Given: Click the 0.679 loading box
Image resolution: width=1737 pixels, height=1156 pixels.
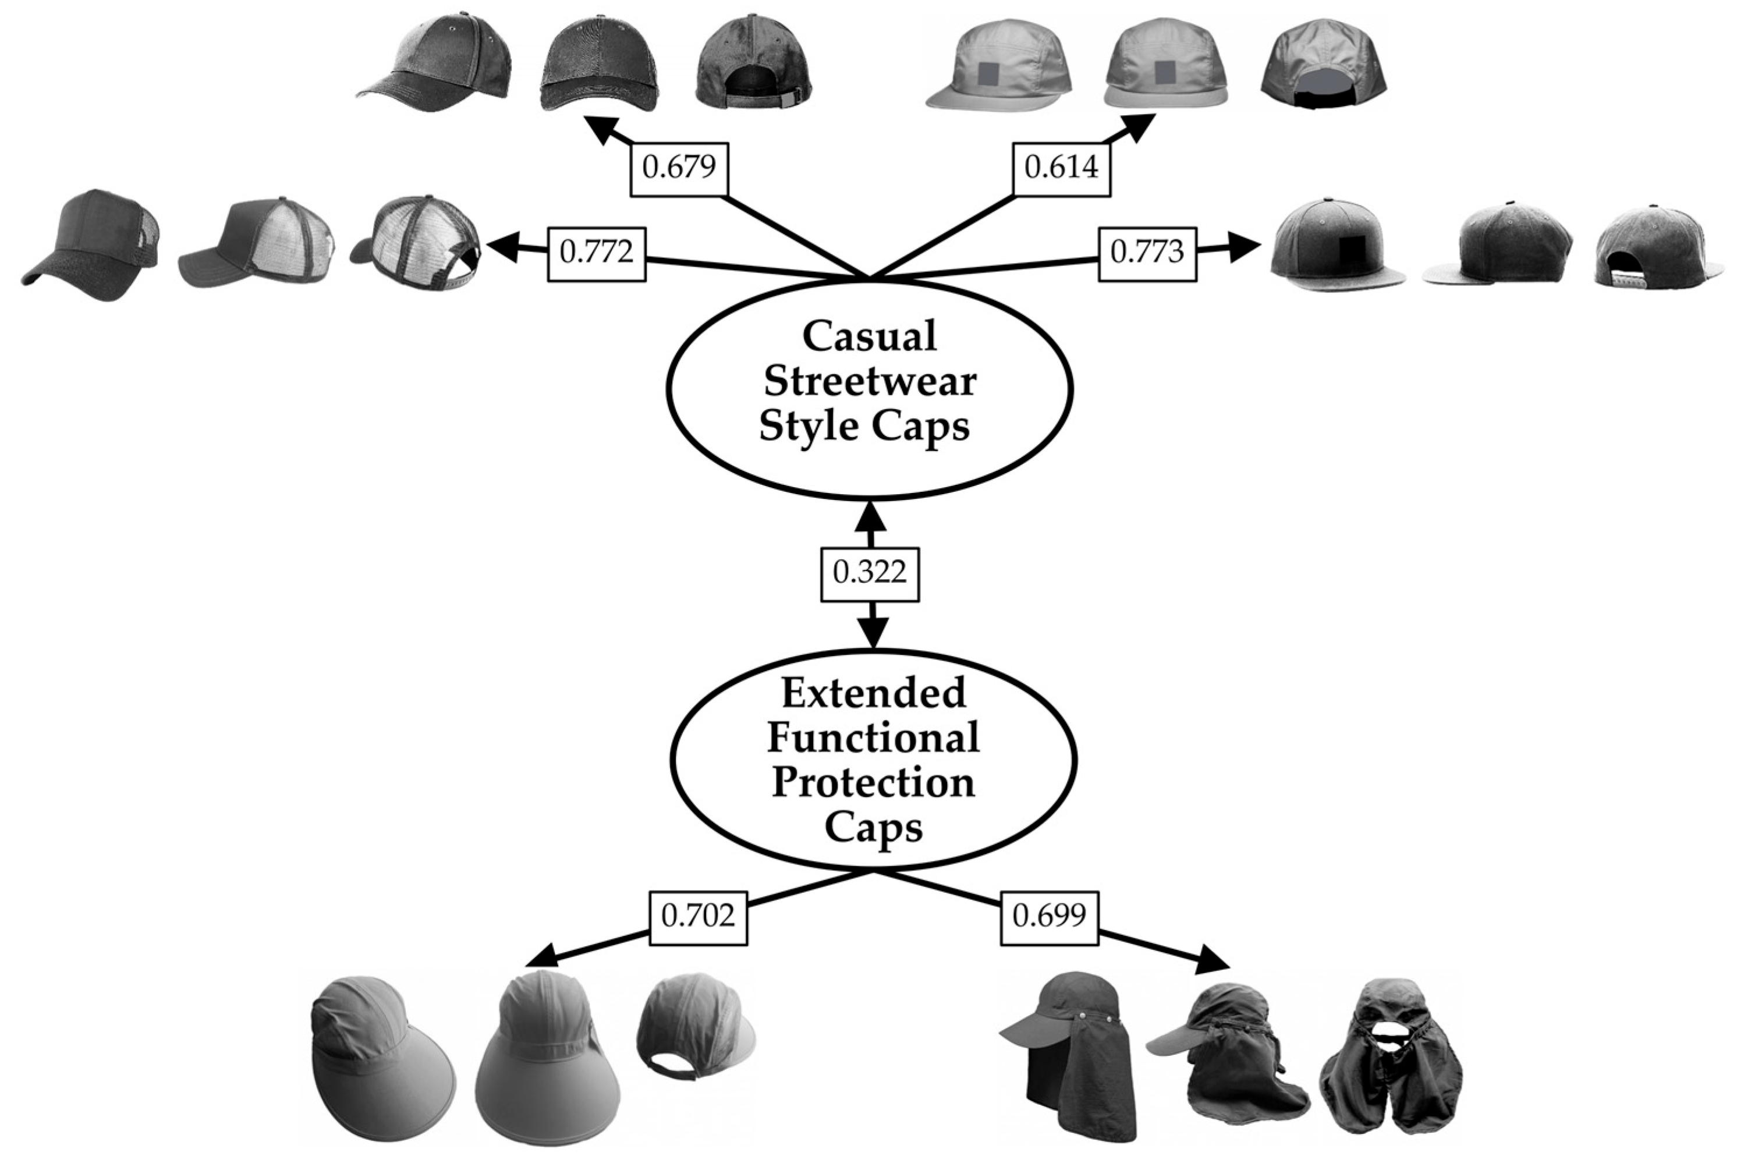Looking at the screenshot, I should point(679,168).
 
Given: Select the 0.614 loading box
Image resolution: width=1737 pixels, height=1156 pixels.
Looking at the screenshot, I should point(1062,168).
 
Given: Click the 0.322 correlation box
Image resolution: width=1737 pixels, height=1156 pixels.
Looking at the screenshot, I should point(870,573).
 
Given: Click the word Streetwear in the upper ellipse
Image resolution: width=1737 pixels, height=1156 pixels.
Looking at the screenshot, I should point(870,382).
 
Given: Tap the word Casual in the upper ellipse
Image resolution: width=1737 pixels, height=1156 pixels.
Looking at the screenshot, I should point(870,337).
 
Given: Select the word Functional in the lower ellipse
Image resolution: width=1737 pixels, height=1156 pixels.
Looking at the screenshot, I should point(874,738).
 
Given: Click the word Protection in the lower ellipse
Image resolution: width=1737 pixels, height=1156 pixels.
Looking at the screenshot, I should point(874,783).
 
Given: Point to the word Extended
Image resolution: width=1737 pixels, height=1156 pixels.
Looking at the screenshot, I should point(874,693).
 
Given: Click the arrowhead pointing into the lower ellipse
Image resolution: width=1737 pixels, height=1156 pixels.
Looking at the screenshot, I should point(874,634).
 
